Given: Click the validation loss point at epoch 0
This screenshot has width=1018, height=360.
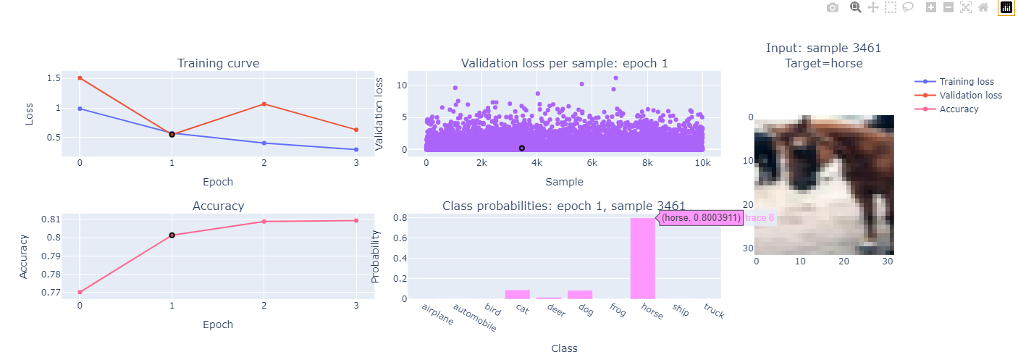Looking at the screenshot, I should pyautogui.click(x=80, y=78).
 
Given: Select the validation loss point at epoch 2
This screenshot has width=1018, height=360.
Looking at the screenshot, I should pyautogui.click(x=264, y=104).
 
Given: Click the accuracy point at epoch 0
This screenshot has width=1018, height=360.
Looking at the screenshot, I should pyautogui.click(x=80, y=293).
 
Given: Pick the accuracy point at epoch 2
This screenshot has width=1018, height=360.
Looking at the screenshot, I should pyautogui.click(x=264, y=222).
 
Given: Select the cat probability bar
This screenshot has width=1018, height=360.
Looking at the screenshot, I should pyautogui.click(x=517, y=294).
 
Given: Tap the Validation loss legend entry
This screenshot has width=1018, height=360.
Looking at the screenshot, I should pyautogui.click(x=970, y=96).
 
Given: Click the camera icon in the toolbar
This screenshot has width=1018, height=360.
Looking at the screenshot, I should pyautogui.click(x=833, y=7).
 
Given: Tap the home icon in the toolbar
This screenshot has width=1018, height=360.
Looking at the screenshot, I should pyautogui.click(x=983, y=7).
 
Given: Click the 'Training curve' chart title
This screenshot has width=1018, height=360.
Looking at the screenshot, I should pyautogui.click(x=218, y=64).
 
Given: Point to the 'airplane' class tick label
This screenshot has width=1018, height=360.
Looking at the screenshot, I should pyautogui.click(x=438, y=314).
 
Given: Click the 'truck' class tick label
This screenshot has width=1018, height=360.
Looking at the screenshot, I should pyautogui.click(x=713, y=311).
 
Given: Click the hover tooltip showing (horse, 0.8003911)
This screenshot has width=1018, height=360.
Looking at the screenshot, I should pyautogui.click(x=700, y=217).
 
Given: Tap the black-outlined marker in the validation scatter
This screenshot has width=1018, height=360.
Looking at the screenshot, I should pyautogui.click(x=521, y=148).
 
